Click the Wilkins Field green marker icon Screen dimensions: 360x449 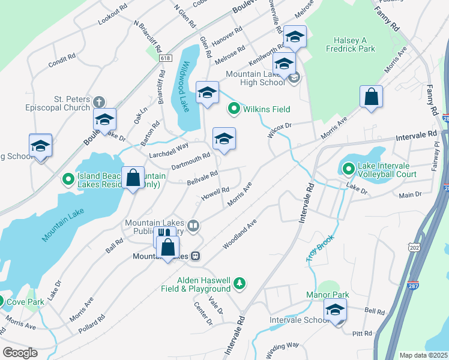coord(234,109)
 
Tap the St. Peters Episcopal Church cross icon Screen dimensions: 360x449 coord(99,101)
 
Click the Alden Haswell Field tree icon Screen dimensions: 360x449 coord(240,283)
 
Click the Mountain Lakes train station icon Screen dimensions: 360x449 coord(196,256)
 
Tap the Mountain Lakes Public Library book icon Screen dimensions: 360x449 coord(193,226)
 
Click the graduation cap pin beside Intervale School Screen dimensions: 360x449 coord(335,310)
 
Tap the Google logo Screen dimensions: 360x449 coord(20,352)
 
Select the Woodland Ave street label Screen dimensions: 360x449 coord(240,234)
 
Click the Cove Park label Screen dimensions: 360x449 coord(27,302)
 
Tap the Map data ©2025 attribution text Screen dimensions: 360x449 coord(422,355)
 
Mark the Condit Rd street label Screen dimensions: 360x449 coord(62,59)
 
